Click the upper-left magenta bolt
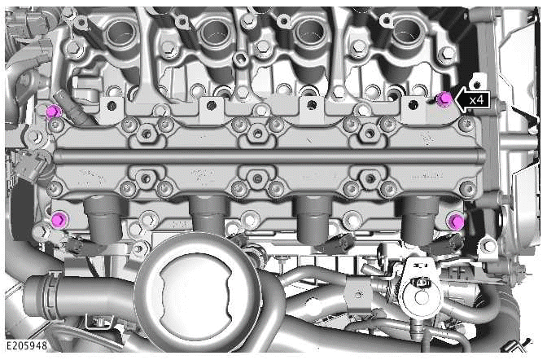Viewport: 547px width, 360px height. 53,111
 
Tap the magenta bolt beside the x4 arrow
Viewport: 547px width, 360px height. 444,99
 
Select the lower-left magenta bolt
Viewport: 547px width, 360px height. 59,220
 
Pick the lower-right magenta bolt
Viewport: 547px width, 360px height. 456,221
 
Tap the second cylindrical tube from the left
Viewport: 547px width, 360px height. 208,215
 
